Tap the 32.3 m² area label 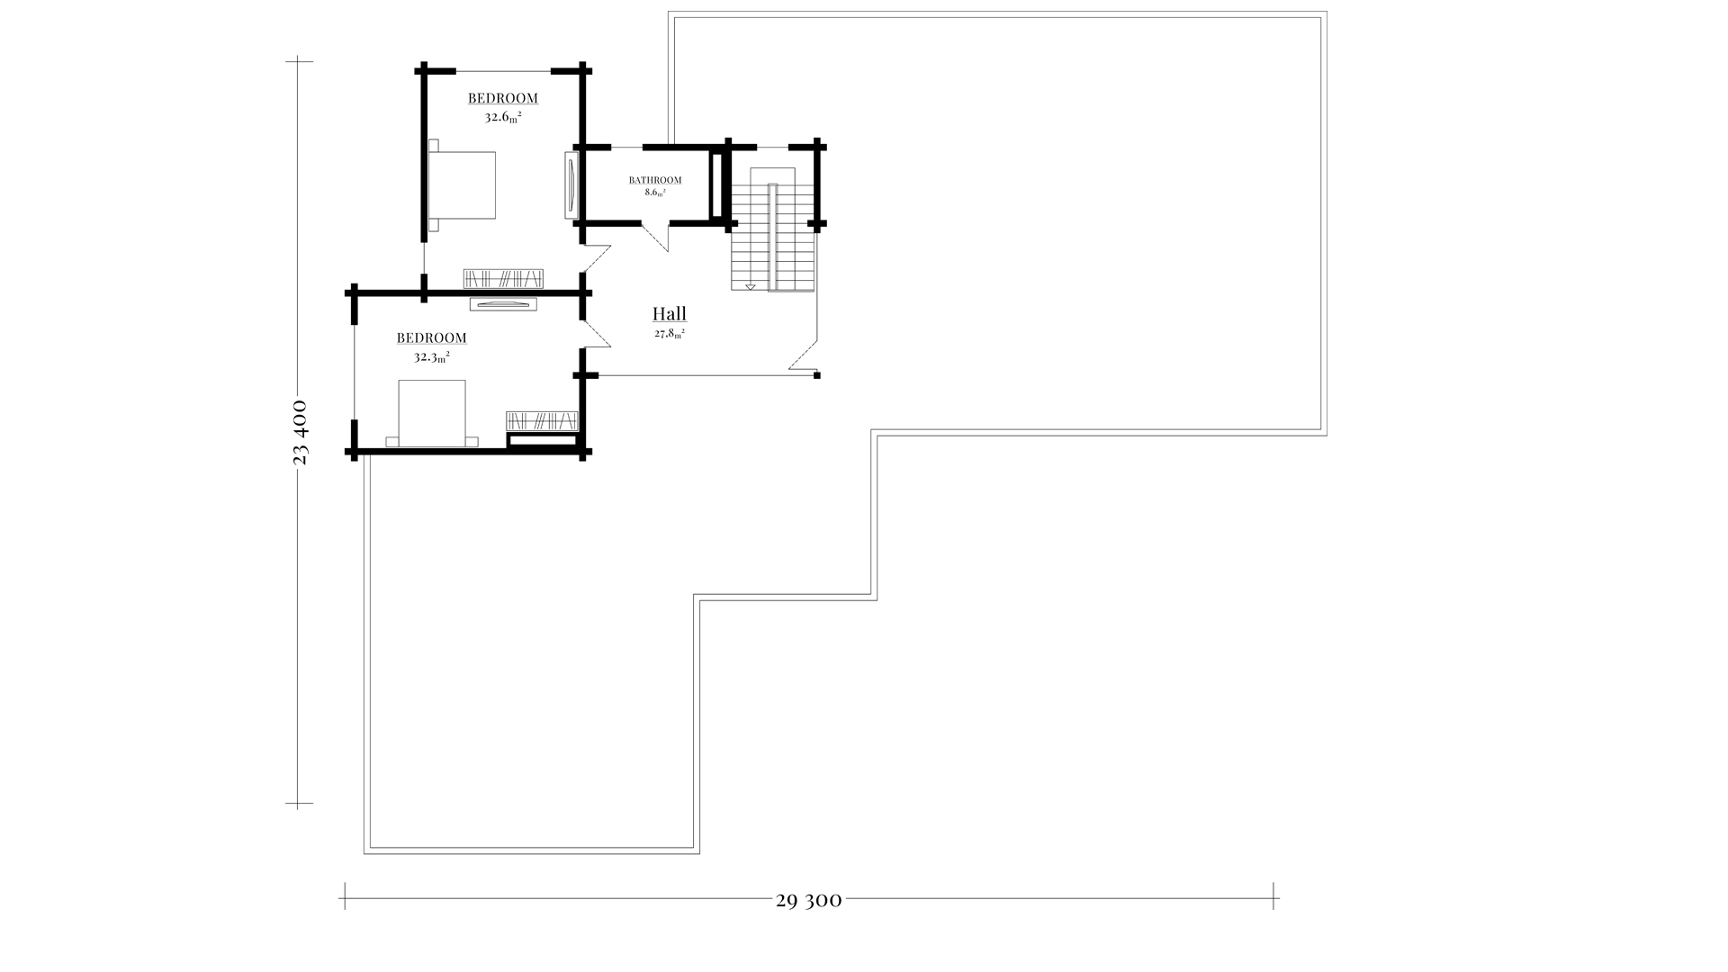tap(432, 356)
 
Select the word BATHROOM tap(655, 180)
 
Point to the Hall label tap(670, 314)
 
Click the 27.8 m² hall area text tap(670, 333)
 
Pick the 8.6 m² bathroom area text tap(654, 193)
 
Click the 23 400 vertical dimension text tap(301, 432)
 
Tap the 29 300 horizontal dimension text tap(808, 900)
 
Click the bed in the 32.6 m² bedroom tap(462, 184)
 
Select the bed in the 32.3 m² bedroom tap(432, 413)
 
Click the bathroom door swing tap(656, 238)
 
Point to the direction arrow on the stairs tap(750, 286)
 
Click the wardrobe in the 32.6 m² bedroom tap(504, 278)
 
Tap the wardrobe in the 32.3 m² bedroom tap(542, 420)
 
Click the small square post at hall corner tap(817, 375)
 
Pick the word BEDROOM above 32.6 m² tap(503, 98)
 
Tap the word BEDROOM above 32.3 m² tap(432, 338)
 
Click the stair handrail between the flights tap(772, 238)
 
